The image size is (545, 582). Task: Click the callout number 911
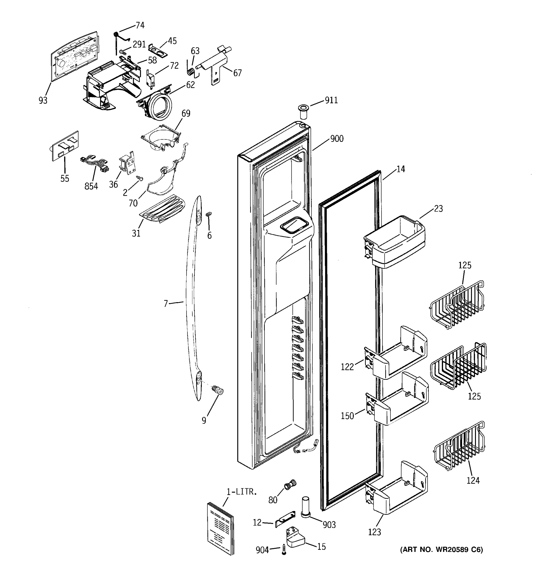(x=331, y=100)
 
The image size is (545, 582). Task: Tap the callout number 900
(x=337, y=138)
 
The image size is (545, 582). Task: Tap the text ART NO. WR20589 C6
(x=442, y=550)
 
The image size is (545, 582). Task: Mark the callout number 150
(x=347, y=416)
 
